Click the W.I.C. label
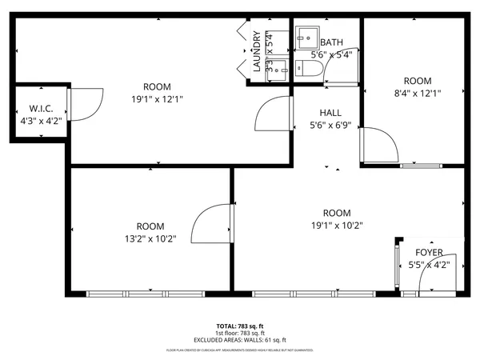pyautogui.click(x=41, y=108)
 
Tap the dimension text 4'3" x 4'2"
pyautogui.click(x=41, y=121)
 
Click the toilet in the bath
pyautogui.click(x=309, y=70)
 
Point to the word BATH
pyautogui.click(x=331, y=42)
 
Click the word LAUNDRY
pyautogui.click(x=257, y=52)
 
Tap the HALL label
pyautogui.click(x=331, y=113)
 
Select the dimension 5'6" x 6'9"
pyautogui.click(x=331, y=125)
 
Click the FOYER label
pyautogui.click(x=429, y=253)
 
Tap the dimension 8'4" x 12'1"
pyautogui.click(x=417, y=93)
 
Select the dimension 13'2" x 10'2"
pyautogui.click(x=150, y=238)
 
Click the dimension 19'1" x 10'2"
pyautogui.click(x=337, y=225)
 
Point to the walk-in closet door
pyautogui.click(x=84, y=100)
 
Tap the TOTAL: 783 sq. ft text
pyautogui.click(x=240, y=326)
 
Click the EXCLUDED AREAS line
pyautogui.click(x=240, y=338)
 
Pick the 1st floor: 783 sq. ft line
pyautogui.click(x=240, y=333)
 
